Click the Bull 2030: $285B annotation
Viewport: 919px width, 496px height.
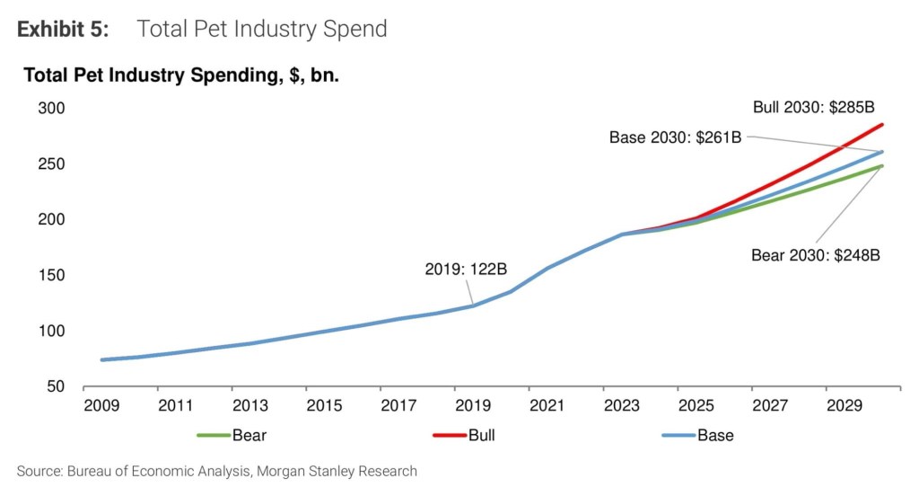point(813,108)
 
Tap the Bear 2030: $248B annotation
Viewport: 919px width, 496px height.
point(815,254)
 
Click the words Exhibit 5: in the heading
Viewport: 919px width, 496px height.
point(63,29)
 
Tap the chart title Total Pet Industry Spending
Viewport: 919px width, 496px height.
point(180,75)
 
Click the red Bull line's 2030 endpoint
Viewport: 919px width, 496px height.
point(882,125)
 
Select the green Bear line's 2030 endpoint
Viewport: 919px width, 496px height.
point(882,166)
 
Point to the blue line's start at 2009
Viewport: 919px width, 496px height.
point(102,359)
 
